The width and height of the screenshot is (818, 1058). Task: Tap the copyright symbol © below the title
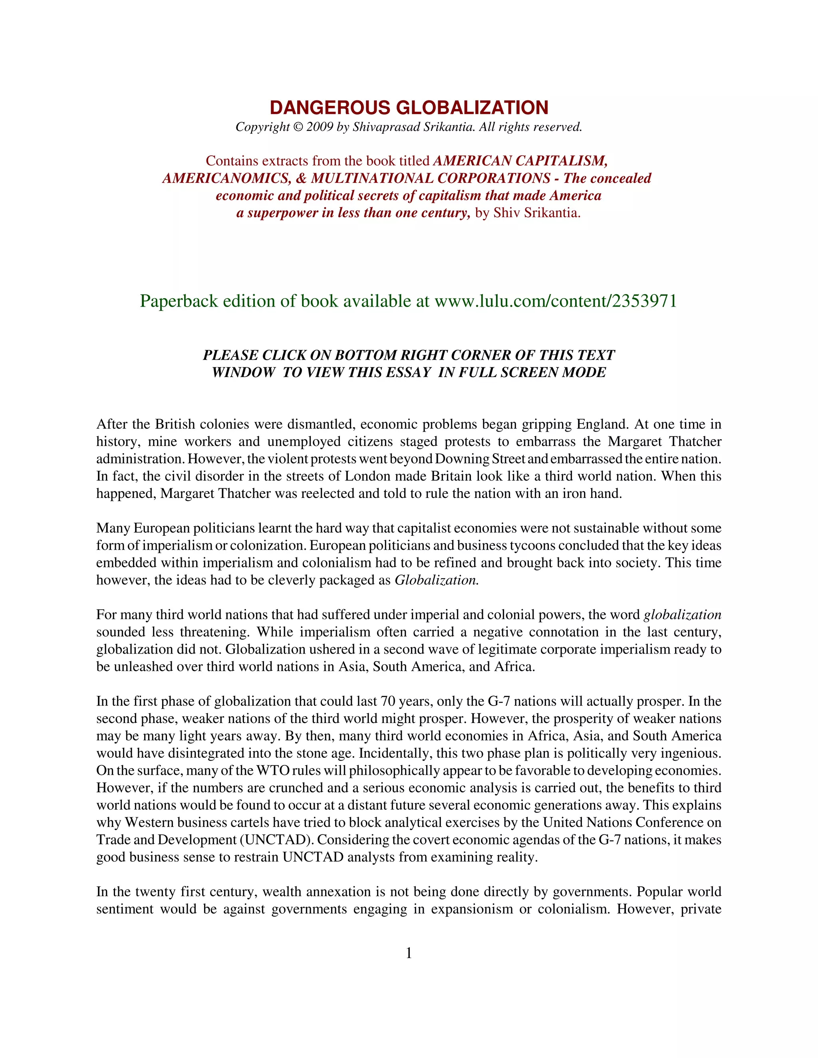click(298, 127)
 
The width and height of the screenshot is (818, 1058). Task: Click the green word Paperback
click(179, 301)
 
